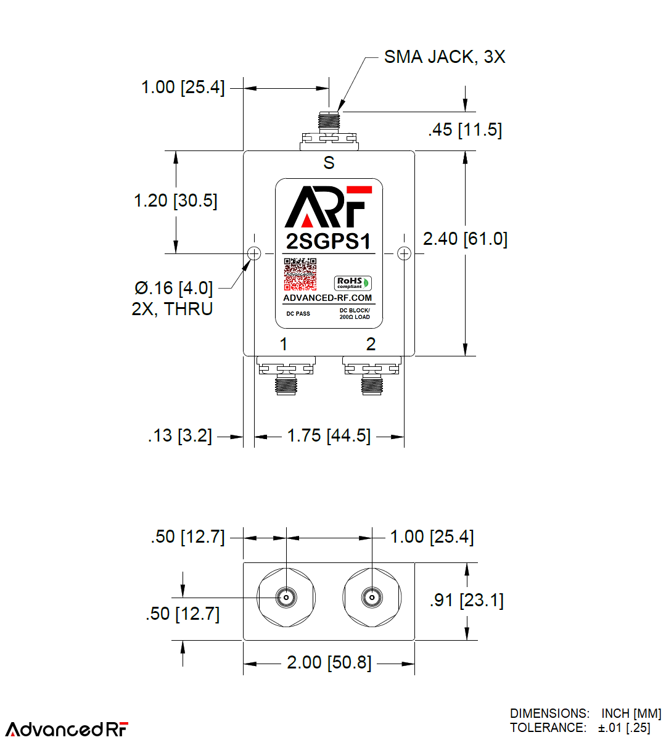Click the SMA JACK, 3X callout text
point(444,57)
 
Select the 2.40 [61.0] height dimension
point(465,239)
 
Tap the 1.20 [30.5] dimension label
point(176,201)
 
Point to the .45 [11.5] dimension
point(465,130)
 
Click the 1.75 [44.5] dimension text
point(329,436)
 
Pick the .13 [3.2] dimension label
point(179,436)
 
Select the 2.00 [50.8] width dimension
point(329,663)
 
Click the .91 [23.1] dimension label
point(466,600)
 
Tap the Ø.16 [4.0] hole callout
point(173,289)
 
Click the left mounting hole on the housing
point(254,253)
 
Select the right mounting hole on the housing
point(404,253)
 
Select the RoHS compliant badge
point(353,283)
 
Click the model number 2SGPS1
point(329,241)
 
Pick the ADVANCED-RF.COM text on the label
point(327,298)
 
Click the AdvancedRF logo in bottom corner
point(67,729)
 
